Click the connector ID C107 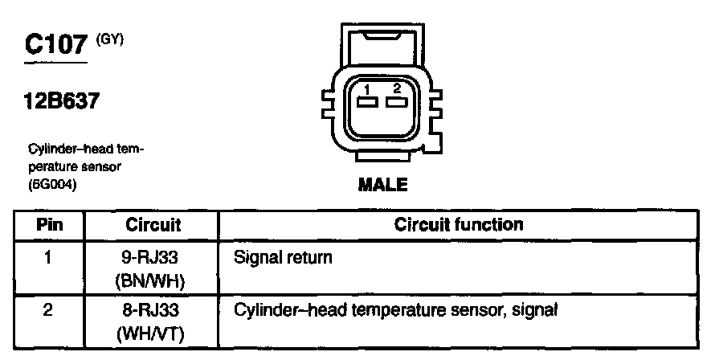(55, 44)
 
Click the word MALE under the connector (382, 186)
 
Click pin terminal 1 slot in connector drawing (368, 102)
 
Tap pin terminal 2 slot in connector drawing (394, 102)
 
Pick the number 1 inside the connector (366, 88)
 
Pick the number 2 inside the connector (395, 88)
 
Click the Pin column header (50, 225)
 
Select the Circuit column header (153, 225)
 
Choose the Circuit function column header (459, 225)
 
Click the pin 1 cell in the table (50, 260)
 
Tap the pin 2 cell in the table (50, 309)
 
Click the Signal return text (282, 260)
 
